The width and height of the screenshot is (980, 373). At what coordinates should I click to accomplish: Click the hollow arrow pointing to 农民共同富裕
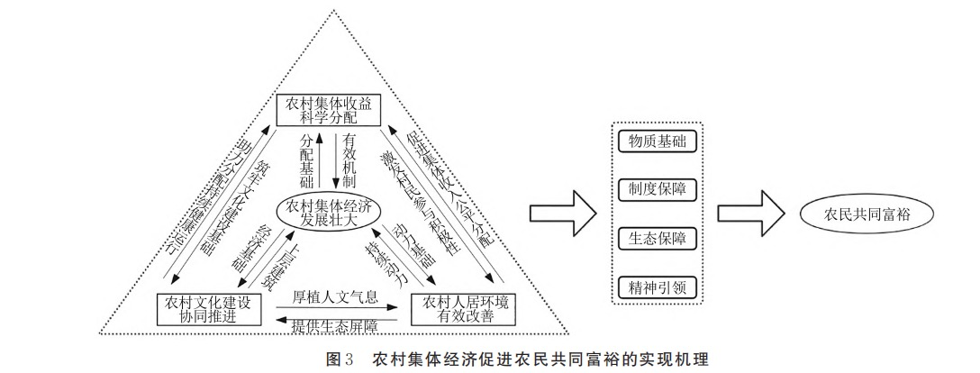pyautogui.click(x=747, y=214)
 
